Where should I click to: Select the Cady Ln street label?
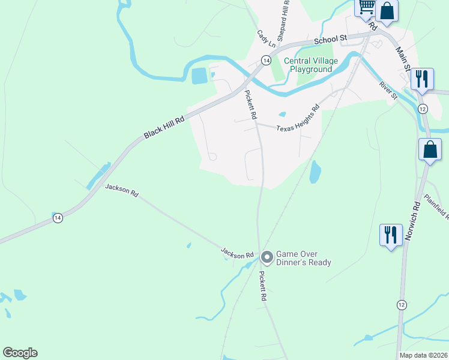(265, 40)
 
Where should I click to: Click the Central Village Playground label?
(311, 65)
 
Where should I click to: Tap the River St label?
(388, 91)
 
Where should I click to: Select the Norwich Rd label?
(412, 220)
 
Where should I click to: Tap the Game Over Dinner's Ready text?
(303, 258)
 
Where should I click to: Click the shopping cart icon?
(366, 8)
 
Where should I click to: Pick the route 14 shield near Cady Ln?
(265, 59)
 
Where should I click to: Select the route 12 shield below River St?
(423, 108)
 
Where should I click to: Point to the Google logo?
(20, 353)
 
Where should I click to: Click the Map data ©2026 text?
(423, 355)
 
